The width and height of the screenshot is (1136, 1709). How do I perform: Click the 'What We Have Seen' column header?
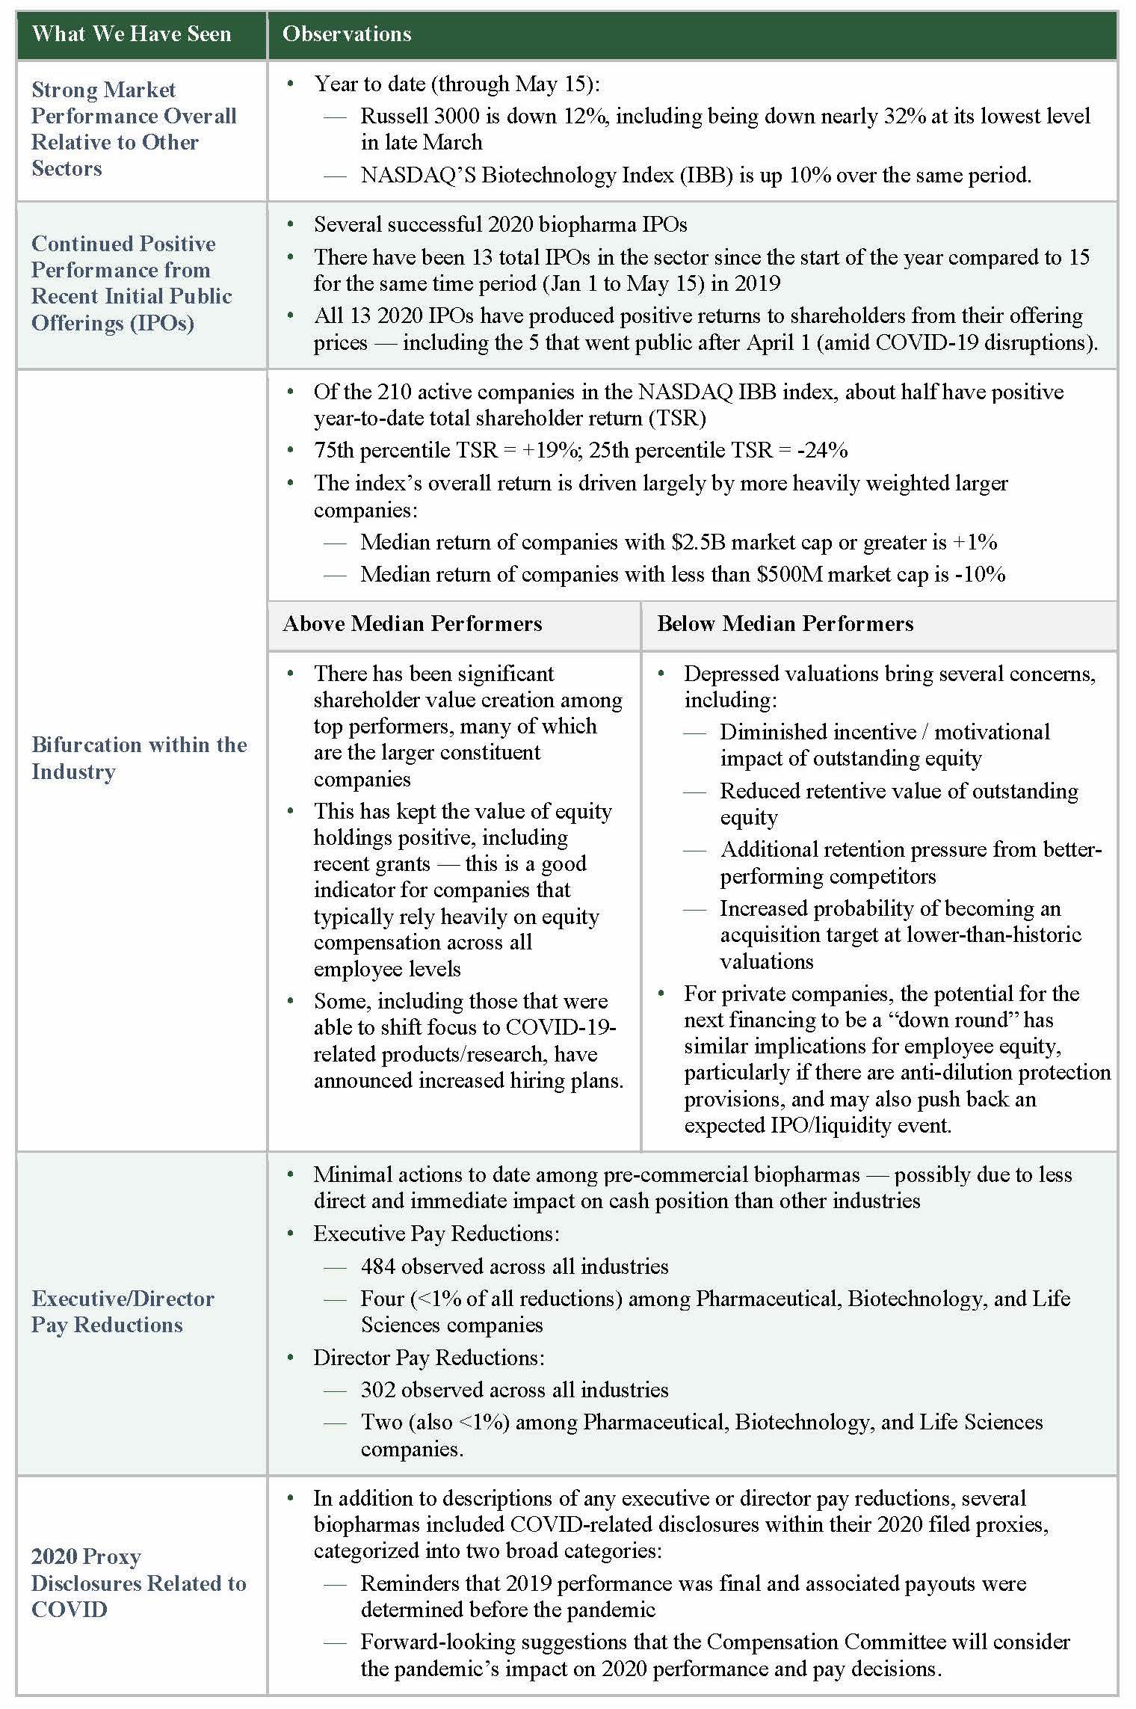coord(132,34)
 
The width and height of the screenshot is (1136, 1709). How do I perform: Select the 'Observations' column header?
coord(347,34)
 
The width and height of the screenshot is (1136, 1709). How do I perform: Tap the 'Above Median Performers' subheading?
coord(412,624)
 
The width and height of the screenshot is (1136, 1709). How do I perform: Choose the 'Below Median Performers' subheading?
coord(785,624)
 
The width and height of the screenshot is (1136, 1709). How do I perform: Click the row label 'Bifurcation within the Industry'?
coord(139,758)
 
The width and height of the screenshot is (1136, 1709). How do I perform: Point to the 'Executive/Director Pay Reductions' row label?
coord(123,1311)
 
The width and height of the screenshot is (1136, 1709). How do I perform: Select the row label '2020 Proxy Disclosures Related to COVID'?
coord(139,1583)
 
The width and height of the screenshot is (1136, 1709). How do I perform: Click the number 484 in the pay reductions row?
coord(377,1266)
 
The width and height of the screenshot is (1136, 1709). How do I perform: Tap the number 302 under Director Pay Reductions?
coord(377,1390)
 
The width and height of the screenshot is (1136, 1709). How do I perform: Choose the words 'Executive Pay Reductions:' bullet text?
coord(436,1234)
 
